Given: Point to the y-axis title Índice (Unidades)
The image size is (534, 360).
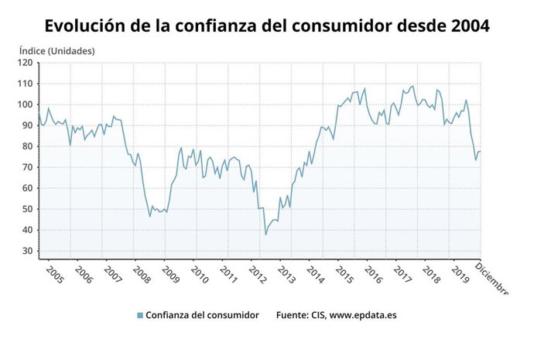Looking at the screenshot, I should [x=56, y=50].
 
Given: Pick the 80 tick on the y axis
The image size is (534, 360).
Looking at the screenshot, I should [x=27, y=146].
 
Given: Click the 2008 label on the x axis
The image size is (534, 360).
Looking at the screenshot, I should [x=141, y=276].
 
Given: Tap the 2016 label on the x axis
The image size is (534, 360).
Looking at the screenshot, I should [x=373, y=276].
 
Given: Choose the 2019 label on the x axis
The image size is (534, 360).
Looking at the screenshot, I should [x=460, y=276].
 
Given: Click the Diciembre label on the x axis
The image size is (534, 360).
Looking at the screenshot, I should [x=491, y=279].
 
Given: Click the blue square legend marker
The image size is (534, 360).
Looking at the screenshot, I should [x=140, y=315].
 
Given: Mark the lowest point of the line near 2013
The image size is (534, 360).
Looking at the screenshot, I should [x=266, y=235].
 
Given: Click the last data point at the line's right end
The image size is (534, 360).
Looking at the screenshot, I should [x=480, y=151].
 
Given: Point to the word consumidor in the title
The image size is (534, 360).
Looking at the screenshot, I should [x=362, y=26].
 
